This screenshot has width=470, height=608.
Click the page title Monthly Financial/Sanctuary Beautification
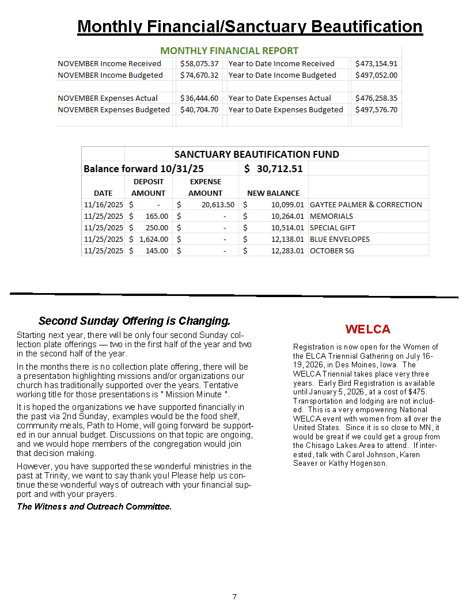click(250, 26)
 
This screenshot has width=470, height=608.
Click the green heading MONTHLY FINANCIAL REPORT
click(229, 51)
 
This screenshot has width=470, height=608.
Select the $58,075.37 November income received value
click(199, 63)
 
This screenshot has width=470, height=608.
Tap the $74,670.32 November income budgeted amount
click(199, 75)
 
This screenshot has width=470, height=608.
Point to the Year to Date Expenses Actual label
click(279, 98)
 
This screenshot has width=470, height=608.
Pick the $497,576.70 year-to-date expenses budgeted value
click(376, 109)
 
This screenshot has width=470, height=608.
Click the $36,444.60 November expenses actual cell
click(199, 98)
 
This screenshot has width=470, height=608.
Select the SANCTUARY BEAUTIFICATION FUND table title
click(256, 154)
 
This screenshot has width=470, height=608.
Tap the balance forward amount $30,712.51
click(273, 169)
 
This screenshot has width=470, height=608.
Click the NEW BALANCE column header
click(273, 193)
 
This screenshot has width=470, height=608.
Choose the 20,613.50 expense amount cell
click(218, 204)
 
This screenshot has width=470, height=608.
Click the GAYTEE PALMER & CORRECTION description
click(366, 204)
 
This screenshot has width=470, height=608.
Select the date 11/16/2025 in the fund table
click(103, 204)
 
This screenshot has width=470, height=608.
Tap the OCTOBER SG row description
click(332, 250)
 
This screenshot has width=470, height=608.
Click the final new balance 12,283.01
click(287, 250)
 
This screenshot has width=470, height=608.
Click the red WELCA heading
click(367, 329)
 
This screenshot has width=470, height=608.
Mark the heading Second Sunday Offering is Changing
click(134, 321)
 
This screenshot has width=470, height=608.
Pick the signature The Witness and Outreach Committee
click(94, 507)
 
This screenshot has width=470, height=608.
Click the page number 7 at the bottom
click(234, 596)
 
